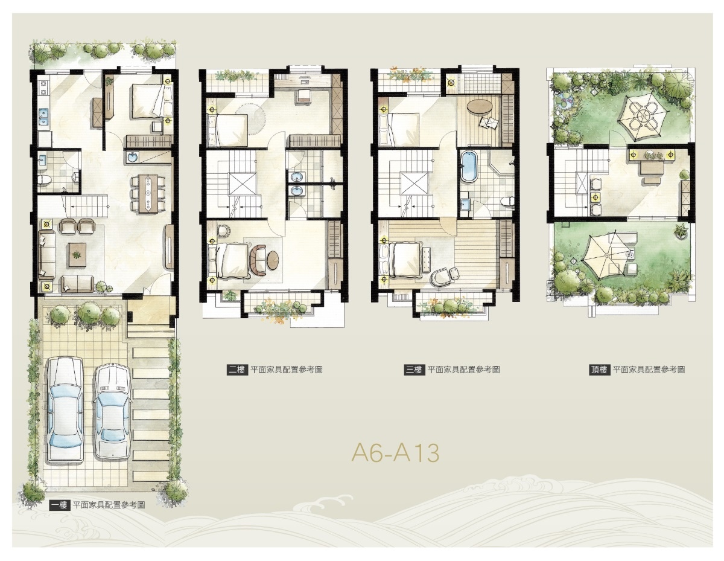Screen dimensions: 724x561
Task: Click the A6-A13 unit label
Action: click(x=395, y=452)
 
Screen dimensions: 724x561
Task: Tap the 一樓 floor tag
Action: click(x=60, y=505)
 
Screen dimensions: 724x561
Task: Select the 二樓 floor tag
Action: click(x=237, y=370)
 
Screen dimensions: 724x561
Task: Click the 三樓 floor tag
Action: click(x=414, y=370)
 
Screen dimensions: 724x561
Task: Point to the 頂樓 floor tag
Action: click(x=599, y=370)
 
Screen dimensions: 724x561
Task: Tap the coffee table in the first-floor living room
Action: click(x=77, y=255)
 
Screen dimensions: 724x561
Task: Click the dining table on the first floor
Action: click(x=148, y=193)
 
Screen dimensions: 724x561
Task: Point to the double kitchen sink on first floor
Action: click(x=43, y=117)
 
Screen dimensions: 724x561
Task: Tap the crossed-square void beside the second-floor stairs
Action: click(x=242, y=184)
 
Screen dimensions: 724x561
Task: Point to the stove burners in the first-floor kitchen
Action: click(x=43, y=88)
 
